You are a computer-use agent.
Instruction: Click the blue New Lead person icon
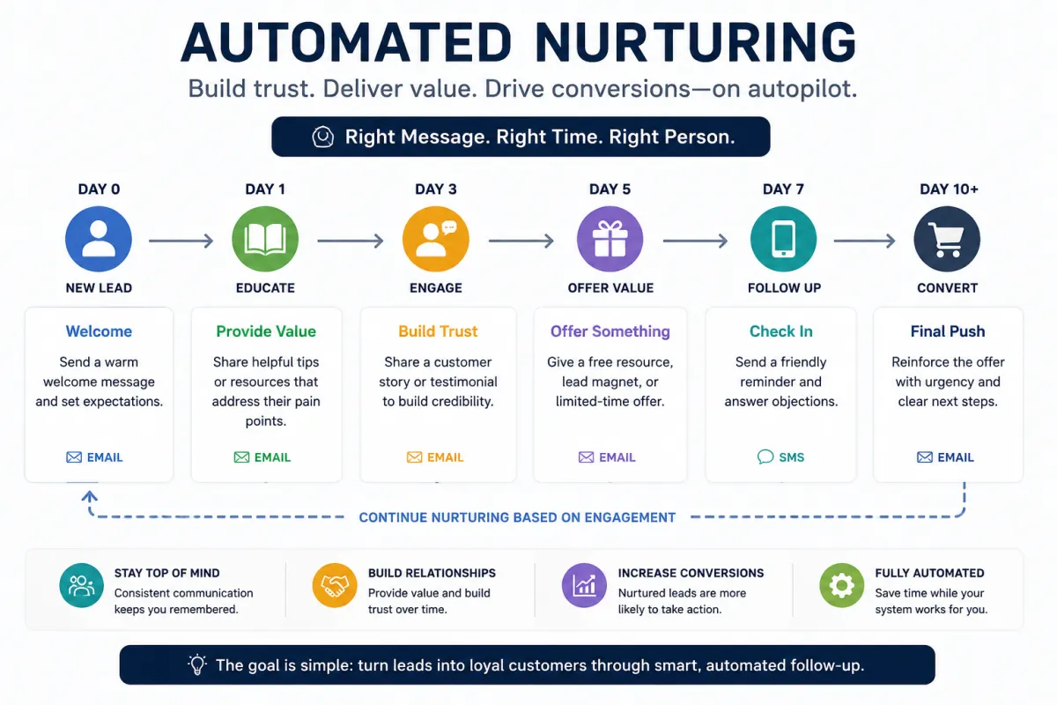[x=99, y=239]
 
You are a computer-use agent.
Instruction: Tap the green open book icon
[x=265, y=239]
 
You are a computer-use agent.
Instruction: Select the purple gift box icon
[x=610, y=239]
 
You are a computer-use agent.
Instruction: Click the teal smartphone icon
[x=783, y=239]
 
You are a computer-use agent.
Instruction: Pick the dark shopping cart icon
[x=947, y=239]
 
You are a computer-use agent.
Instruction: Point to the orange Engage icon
[x=435, y=239]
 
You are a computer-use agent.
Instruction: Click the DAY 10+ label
[x=949, y=189]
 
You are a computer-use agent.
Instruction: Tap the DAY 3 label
[x=436, y=189]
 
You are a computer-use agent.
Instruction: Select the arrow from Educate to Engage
[x=351, y=241]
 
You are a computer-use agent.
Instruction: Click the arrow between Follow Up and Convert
[x=864, y=241]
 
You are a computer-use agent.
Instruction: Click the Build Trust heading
[x=438, y=331]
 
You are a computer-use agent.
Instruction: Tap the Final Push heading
[x=948, y=331]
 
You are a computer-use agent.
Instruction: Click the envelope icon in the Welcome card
[x=74, y=457]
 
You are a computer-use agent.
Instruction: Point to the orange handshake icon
[x=335, y=585]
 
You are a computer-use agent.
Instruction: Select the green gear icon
[x=842, y=585]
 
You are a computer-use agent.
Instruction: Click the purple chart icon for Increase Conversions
[x=584, y=585]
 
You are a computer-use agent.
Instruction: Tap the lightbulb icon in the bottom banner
[x=197, y=664]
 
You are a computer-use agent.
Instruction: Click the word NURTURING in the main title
[x=695, y=42]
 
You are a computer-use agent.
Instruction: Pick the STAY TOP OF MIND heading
[x=167, y=573]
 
